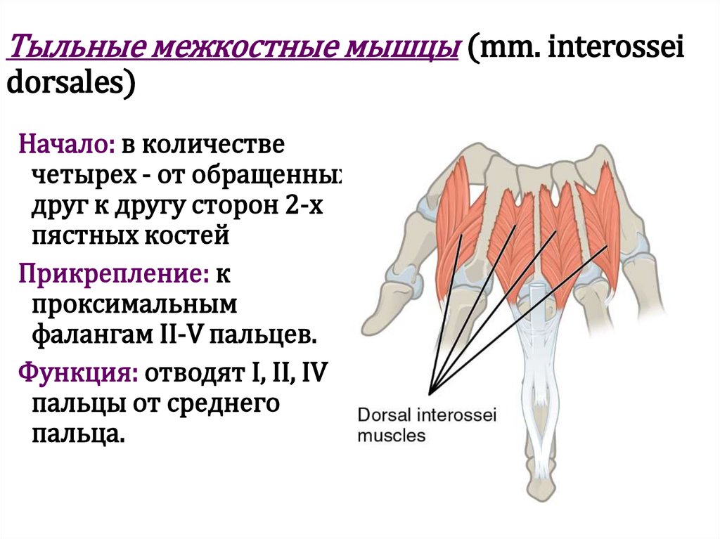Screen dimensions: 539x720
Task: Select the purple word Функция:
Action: [78, 370]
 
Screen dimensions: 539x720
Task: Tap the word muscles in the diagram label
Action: [392, 435]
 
